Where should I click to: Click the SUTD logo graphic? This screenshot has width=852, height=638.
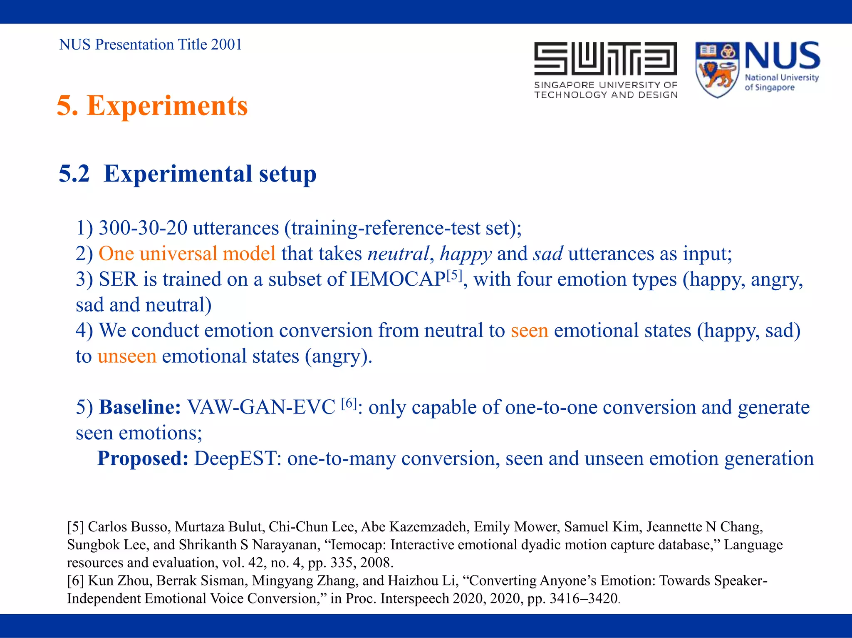(x=605, y=59)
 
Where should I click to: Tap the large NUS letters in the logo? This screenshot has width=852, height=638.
(x=782, y=56)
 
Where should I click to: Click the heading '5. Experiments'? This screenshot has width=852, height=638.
(x=152, y=106)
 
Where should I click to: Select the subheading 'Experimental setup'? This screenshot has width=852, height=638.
(x=210, y=174)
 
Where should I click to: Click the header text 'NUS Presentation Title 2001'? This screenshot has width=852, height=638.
(x=150, y=45)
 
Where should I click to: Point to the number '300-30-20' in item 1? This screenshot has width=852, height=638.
(x=143, y=228)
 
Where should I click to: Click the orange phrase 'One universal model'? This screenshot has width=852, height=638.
(x=187, y=254)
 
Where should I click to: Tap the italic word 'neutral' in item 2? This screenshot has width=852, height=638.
(x=398, y=254)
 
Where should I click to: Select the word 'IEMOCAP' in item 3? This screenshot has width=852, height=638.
(x=398, y=279)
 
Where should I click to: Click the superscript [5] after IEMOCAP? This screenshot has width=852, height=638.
(x=454, y=275)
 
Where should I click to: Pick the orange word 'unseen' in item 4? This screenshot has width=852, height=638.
(x=127, y=356)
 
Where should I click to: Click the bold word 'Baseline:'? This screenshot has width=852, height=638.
(x=140, y=407)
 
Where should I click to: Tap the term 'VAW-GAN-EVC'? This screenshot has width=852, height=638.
(x=261, y=407)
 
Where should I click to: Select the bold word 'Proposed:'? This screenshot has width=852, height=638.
(x=143, y=459)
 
